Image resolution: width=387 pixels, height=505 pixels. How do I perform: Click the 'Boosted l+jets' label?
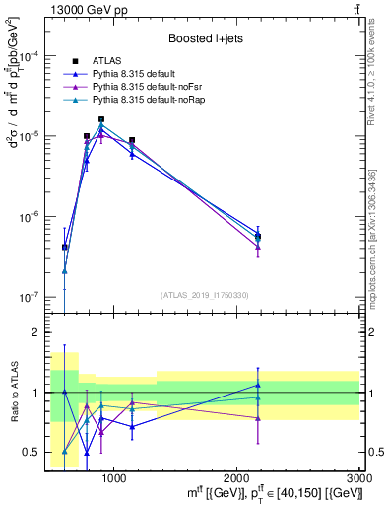coord(205,39)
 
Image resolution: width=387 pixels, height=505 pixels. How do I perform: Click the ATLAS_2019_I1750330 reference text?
coord(205,295)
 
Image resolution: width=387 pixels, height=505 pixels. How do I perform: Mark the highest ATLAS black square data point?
coord(101,119)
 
